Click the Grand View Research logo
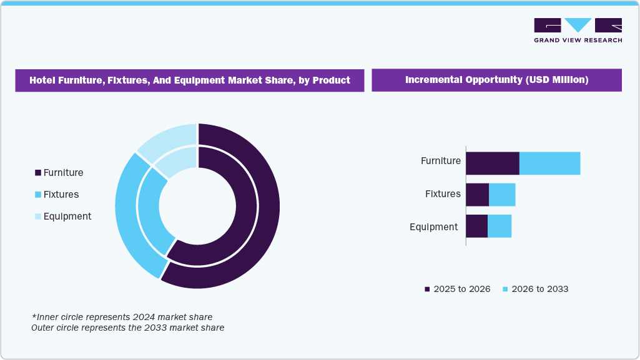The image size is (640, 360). [x=578, y=30]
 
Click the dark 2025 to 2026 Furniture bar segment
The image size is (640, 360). [x=492, y=163]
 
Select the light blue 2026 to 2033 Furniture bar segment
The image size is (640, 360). [x=549, y=163]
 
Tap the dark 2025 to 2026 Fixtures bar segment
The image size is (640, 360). [x=477, y=195]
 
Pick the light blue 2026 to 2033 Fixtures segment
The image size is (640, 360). [x=502, y=195]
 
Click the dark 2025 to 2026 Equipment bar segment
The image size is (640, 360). [x=476, y=226]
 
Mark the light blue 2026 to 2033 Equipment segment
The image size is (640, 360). [x=500, y=226]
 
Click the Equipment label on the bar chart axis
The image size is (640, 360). [x=433, y=227]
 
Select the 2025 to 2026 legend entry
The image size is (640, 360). [x=457, y=289]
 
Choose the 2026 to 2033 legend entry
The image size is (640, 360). [x=535, y=289]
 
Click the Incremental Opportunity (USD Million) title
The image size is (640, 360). [x=496, y=80]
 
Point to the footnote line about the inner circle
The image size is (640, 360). [x=122, y=317]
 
